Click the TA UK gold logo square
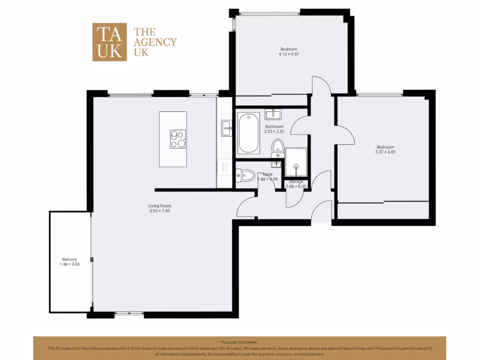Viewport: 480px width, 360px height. (x=109, y=42)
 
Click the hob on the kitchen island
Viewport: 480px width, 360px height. (x=178, y=139)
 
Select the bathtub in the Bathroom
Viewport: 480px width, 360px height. (x=248, y=133)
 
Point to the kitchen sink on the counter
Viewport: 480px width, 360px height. (x=226, y=127)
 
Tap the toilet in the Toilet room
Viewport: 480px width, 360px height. (x=245, y=176)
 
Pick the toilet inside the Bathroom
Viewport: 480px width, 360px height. (x=277, y=147)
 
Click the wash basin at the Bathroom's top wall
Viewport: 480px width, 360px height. (x=273, y=114)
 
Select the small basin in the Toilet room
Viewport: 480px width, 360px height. (x=277, y=164)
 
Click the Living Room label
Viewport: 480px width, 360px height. (x=159, y=206)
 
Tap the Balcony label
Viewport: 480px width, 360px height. (x=69, y=259)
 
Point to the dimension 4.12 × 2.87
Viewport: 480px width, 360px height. (x=289, y=54)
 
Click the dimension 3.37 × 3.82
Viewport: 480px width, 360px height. (x=385, y=152)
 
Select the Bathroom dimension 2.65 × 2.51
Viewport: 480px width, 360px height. (x=274, y=132)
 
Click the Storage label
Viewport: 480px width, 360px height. (x=296, y=181)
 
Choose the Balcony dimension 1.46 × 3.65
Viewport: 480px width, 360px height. (x=69, y=264)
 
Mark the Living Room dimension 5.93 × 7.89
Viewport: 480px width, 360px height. (x=159, y=211)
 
